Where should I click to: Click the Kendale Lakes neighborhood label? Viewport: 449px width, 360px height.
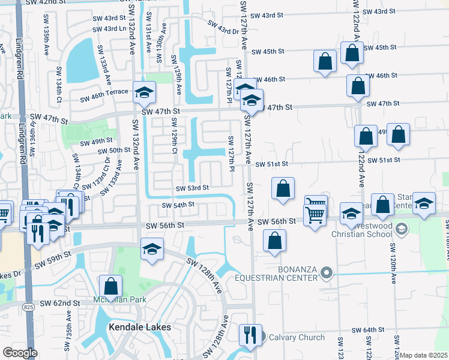coord(140,327)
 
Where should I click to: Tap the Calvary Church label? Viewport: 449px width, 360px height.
coord(297,337)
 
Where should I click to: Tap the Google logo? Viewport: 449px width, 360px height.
coord(19,353)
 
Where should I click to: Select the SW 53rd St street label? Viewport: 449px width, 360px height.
coord(192,188)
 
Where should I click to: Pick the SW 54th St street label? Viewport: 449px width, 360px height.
coord(178,205)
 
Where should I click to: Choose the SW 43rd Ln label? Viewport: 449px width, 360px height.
coord(109,28)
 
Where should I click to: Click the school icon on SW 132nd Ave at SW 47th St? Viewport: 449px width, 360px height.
coord(144,92)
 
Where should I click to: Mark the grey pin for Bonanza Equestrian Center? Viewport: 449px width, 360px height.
coord(327,273)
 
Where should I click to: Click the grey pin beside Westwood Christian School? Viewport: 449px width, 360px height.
coord(402,229)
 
